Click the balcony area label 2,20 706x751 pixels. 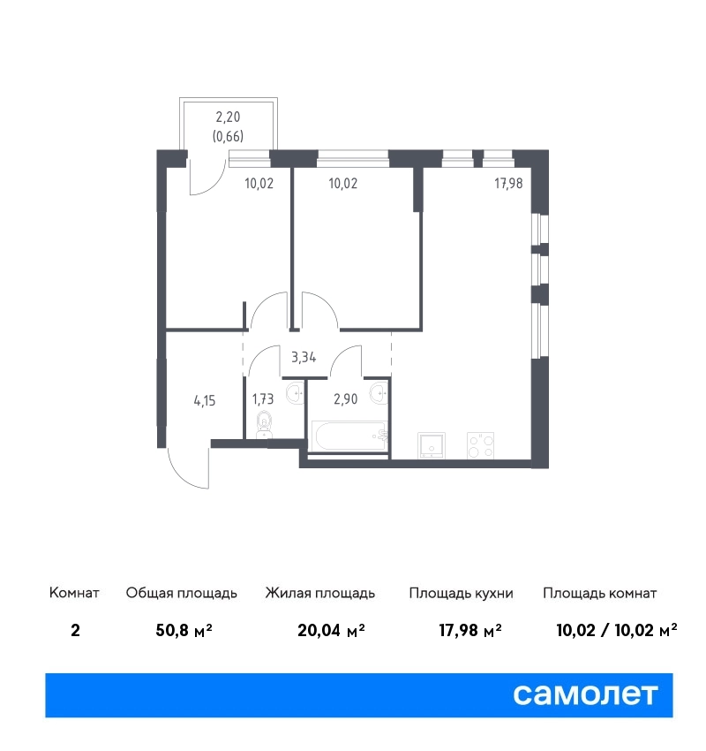pos(228,117)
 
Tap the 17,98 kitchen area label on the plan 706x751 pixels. pos(508,183)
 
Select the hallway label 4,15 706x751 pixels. pos(204,400)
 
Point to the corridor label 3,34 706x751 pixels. pos(304,357)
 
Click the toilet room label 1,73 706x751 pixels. pos(263,398)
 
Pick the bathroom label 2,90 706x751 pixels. pos(345,398)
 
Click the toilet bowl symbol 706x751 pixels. pos(264,425)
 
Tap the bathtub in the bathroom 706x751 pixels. pos(349,436)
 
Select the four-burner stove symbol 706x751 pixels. pos(481,445)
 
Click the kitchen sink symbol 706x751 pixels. pos(432,445)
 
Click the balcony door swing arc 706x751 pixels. pos(208,178)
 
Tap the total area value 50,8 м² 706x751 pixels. pos(184,630)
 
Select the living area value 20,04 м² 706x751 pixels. pos(331,630)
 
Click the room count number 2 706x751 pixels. pos(75,630)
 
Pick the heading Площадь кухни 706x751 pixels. pos(461,594)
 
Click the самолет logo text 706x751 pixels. pos(585,694)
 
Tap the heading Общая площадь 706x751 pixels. pos(181,594)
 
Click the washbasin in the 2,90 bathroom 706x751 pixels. pos(379,393)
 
